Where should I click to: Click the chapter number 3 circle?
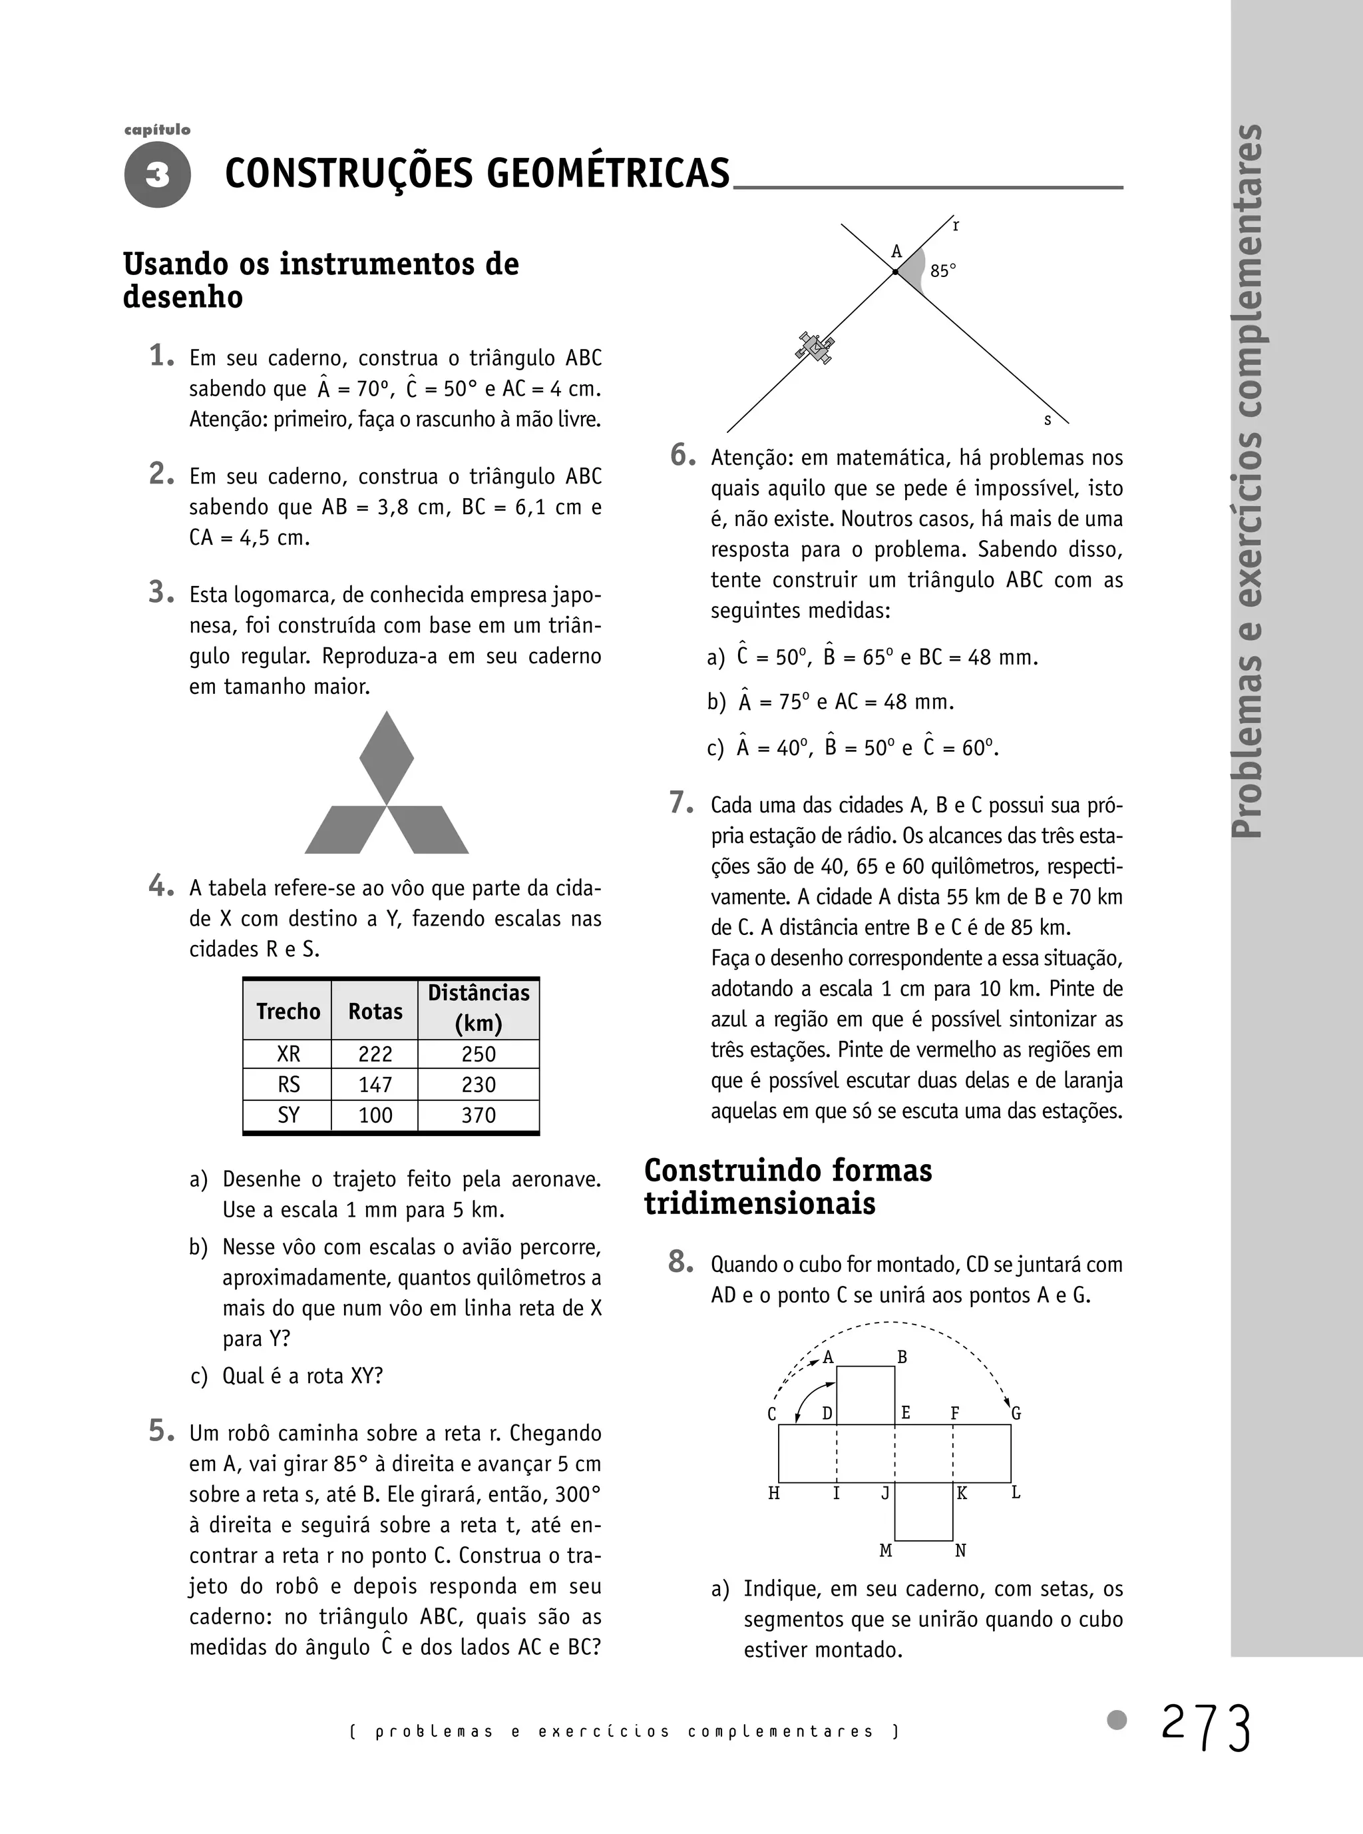click(158, 174)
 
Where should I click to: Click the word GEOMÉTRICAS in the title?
click(608, 173)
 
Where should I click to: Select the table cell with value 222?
click(375, 1054)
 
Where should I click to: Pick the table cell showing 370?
click(479, 1115)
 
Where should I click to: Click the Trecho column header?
click(288, 1011)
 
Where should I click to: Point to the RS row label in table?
click(288, 1085)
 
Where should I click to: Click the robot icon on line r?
click(815, 348)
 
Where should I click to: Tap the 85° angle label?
click(943, 271)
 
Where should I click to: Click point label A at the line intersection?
click(897, 252)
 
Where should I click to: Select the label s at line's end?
click(1048, 420)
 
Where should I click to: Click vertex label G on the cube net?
click(1016, 1413)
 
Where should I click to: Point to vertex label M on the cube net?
click(885, 1551)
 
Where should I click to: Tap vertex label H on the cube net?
click(774, 1493)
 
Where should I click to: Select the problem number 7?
click(681, 803)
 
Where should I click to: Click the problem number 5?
click(161, 1430)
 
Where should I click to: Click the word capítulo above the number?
click(158, 130)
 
